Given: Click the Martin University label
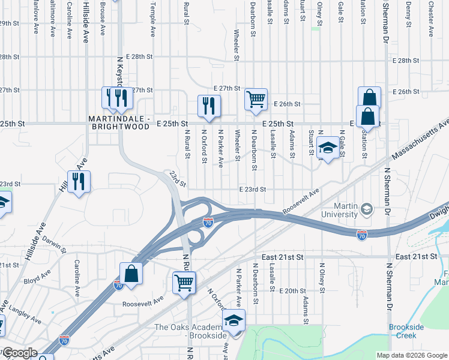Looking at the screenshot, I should [x=338, y=210].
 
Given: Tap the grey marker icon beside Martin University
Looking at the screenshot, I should [x=366, y=209].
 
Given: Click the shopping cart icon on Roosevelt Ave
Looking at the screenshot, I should [x=184, y=281].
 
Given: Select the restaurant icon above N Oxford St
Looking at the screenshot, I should [x=209, y=106].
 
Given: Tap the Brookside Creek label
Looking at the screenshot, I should [x=406, y=331].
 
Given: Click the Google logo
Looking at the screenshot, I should [x=19, y=353].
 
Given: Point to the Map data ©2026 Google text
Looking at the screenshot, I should [x=411, y=355].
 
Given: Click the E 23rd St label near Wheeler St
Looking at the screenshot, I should [x=252, y=189].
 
